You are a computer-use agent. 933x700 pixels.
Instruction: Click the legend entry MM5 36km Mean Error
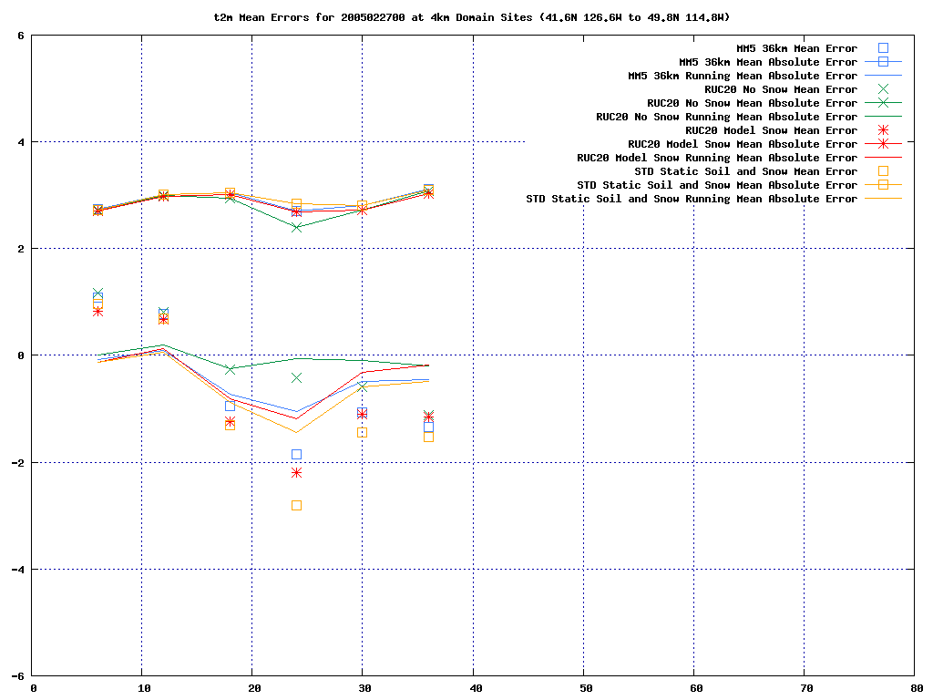796,48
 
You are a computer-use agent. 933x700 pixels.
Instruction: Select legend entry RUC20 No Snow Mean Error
781,89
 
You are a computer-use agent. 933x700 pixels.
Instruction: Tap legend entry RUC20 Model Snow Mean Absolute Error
743,144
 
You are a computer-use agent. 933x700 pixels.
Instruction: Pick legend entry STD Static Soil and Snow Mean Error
745,171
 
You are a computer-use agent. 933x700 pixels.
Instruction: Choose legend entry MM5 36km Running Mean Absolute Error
743,76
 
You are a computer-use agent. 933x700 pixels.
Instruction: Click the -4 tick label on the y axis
18,570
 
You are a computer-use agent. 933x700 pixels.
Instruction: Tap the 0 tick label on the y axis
22,355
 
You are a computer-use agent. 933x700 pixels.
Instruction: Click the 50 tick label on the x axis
584,688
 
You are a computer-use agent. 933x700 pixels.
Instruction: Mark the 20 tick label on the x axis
252,688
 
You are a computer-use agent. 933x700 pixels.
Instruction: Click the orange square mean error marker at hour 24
296,505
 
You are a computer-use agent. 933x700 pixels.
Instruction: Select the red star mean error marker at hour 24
296,472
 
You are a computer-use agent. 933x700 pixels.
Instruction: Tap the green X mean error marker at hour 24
296,377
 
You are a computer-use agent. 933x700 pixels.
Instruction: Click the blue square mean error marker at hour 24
296,454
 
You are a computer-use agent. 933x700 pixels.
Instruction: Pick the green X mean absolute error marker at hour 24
296,227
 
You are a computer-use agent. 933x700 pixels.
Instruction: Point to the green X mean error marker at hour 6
97,293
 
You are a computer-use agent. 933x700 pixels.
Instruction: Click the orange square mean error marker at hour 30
362,432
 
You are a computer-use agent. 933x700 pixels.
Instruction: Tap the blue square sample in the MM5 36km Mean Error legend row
882,48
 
